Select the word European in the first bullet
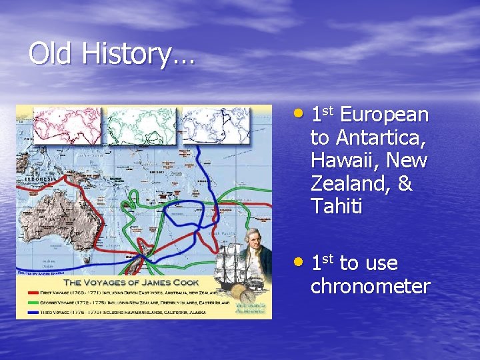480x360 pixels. click(x=384, y=115)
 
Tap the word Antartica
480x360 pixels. click(x=381, y=138)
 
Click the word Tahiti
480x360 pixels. click(x=337, y=207)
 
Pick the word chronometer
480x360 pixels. click(x=371, y=287)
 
